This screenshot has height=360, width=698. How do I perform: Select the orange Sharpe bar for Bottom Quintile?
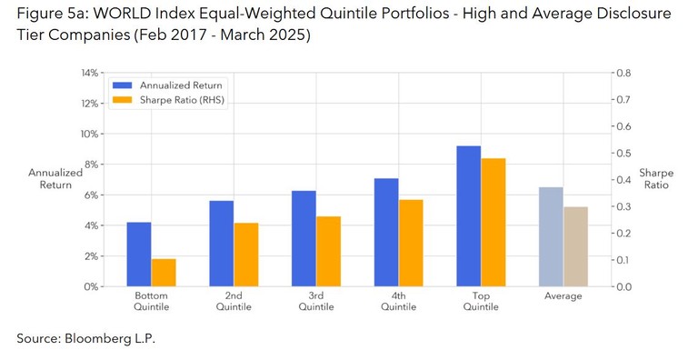[164, 273]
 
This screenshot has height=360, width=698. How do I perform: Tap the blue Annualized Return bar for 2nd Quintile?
[221, 244]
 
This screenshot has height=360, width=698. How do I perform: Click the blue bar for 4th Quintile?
[386, 232]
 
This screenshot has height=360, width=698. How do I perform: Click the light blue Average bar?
[550, 236]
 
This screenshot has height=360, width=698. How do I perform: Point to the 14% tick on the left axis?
[88, 73]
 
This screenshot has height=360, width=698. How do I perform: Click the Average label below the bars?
[563, 297]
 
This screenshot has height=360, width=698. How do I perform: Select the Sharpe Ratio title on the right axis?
[654, 178]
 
